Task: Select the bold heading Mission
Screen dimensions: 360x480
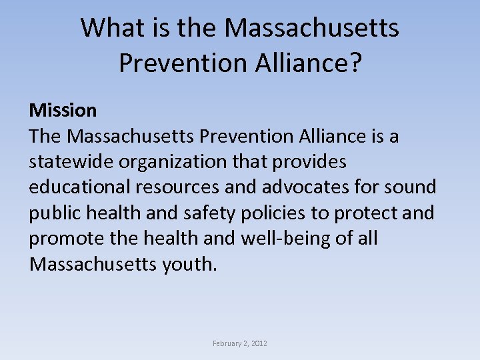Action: (63, 110)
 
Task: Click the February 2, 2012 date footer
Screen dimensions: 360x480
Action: (240, 343)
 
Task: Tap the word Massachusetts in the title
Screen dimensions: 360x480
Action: (312, 28)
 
